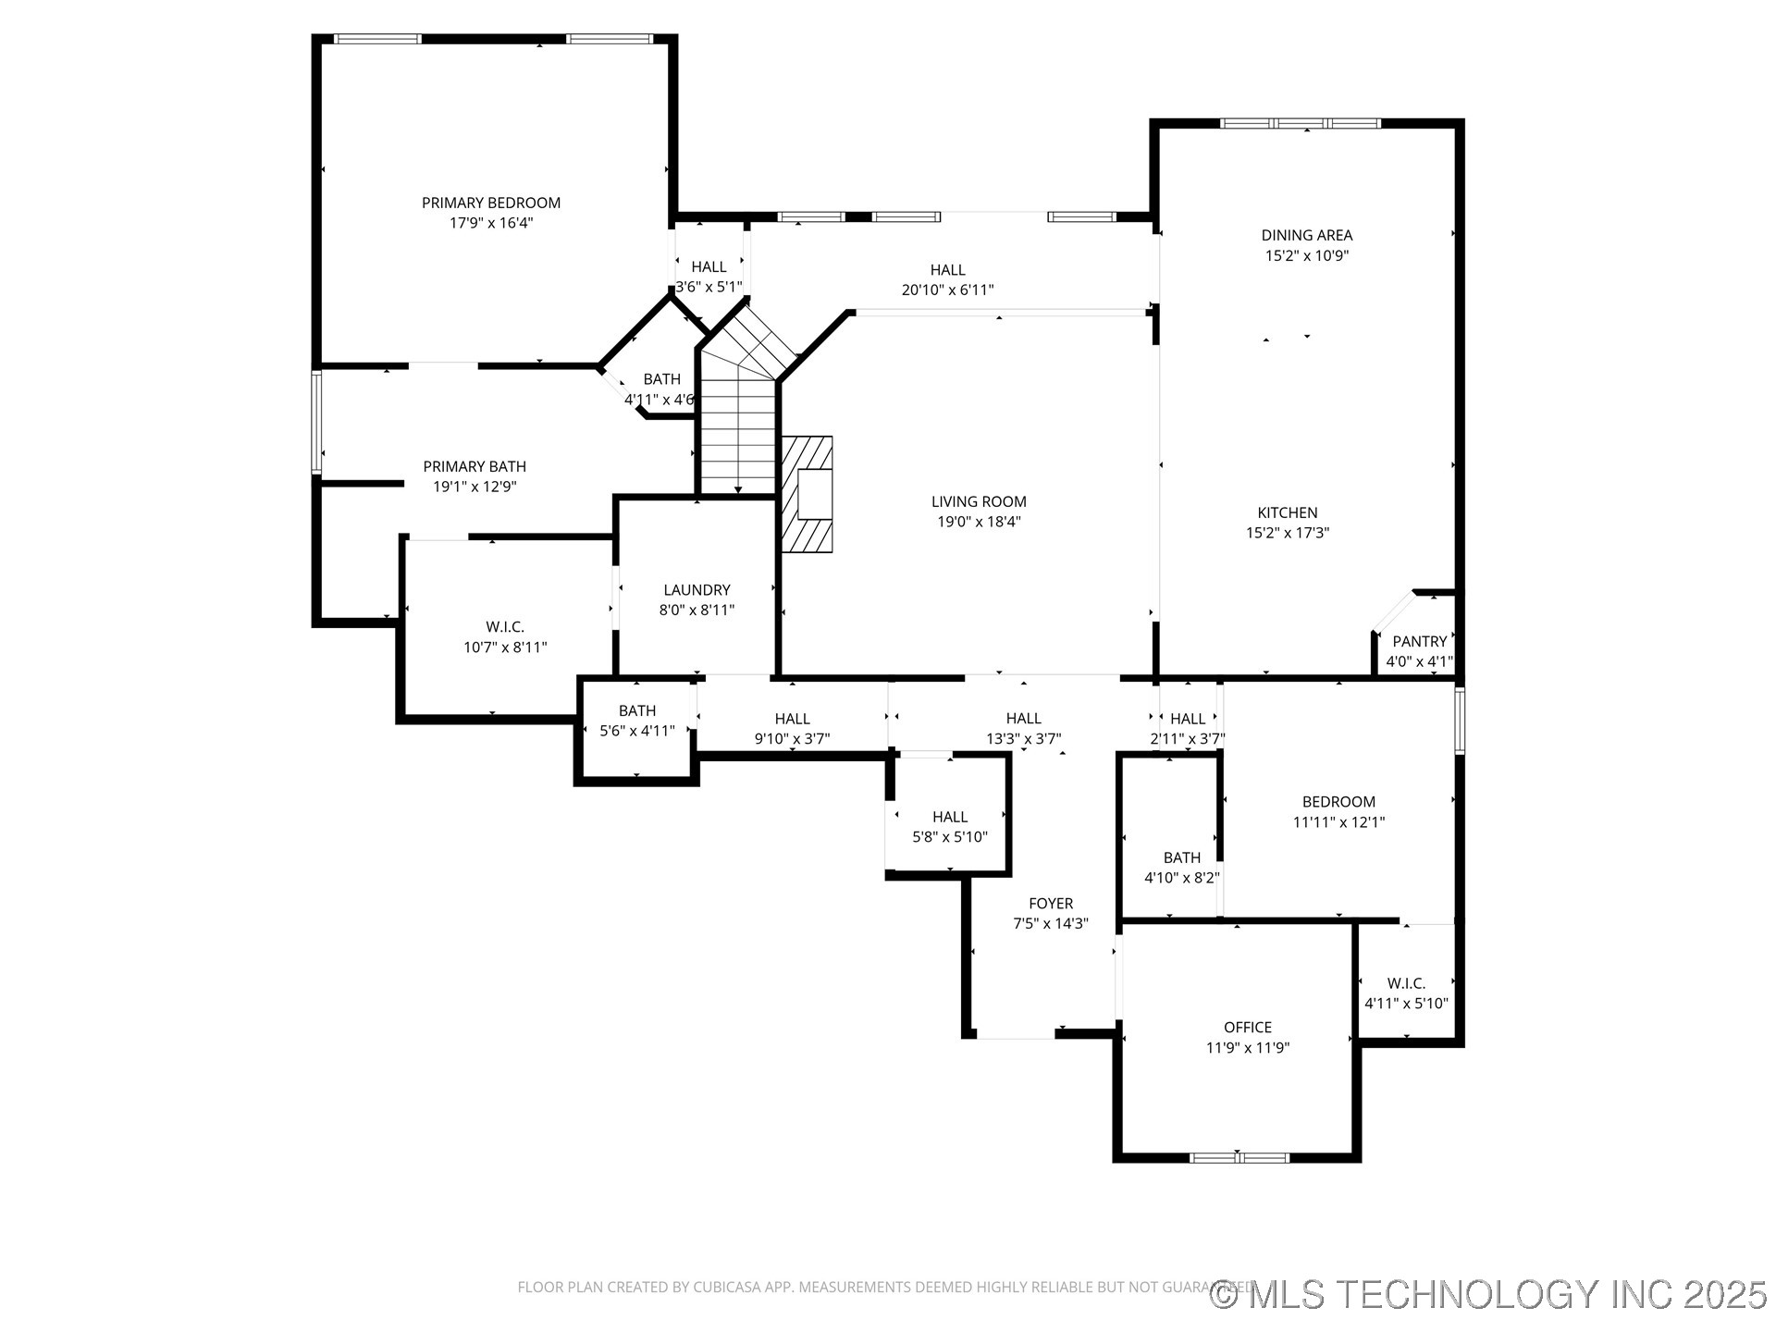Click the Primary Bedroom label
coord(491,203)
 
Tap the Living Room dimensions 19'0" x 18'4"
coord(979,522)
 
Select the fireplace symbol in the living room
coord(808,494)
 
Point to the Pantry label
coord(1419,641)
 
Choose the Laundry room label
coord(697,590)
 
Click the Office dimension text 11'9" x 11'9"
coord(1248,1048)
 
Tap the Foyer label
coord(1051,904)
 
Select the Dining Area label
coord(1306,235)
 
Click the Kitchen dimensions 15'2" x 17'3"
coord(1288,533)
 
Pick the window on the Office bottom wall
coord(1239,1157)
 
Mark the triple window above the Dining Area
coord(1300,123)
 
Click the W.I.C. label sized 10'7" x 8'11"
coord(505,627)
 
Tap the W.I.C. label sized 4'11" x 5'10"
coord(1406,983)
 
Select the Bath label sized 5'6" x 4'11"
coord(637,710)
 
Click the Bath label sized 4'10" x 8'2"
coord(1182,857)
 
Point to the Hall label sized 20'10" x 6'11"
coord(947,270)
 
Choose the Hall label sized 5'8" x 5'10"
coord(950,817)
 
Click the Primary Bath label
coord(475,466)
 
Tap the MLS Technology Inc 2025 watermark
coord(1489,1294)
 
